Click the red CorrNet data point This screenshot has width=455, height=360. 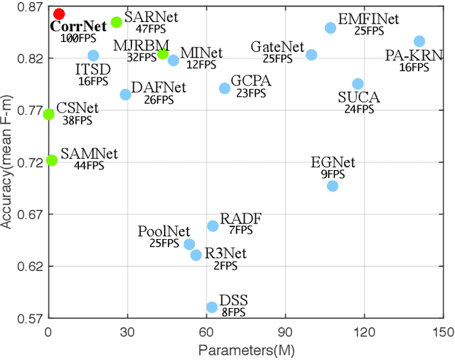click(x=59, y=14)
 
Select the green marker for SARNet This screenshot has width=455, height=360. click(x=117, y=22)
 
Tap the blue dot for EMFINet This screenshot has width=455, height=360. click(x=331, y=28)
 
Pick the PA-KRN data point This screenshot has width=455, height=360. click(x=419, y=41)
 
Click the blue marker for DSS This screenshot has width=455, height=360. click(x=212, y=307)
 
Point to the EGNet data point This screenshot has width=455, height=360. click(x=332, y=186)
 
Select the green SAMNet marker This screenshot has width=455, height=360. click(x=51, y=160)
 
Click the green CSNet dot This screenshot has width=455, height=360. click(x=48, y=114)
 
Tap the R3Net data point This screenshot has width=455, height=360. click(x=196, y=255)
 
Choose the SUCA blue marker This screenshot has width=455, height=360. click(x=358, y=84)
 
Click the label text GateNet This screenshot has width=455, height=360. click(x=274, y=46)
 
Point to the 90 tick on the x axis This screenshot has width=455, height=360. click(x=285, y=332)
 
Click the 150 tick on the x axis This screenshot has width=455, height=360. click(x=444, y=332)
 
